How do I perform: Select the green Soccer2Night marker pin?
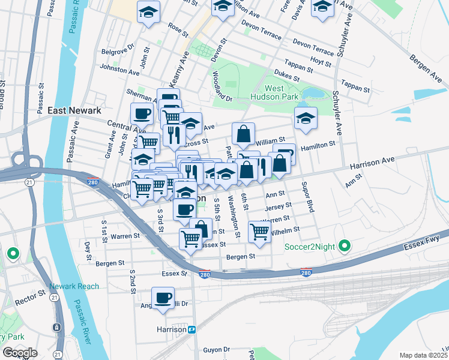[x=344, y=246]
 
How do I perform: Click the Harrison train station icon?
[x=192, y=329]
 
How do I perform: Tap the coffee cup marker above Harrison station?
[x=163, y=298]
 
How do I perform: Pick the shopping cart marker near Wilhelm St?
[x=259, y=231]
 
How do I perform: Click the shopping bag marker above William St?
[x=244, y=134]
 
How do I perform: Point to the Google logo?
[x=19, y=353]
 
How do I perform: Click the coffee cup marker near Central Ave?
[x=142, y=113]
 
